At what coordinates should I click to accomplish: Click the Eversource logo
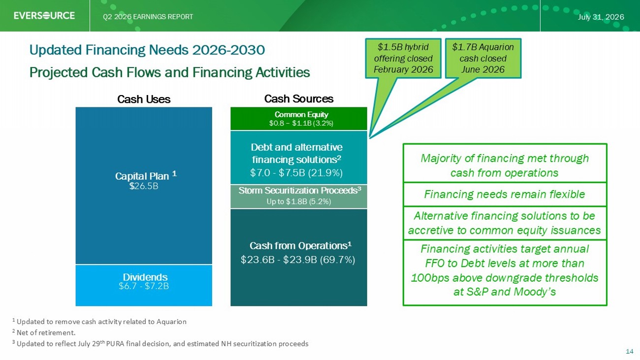(44, 15)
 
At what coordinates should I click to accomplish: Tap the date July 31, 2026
(601, 17)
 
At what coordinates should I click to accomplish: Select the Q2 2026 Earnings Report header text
(148, 17)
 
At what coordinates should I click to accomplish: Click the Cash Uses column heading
(144, 99)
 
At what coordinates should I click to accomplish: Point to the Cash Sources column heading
(298, 98)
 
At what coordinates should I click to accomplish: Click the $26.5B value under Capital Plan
(144, 186)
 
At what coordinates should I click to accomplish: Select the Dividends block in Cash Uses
(144, 286)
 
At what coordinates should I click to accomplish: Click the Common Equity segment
(298, 119)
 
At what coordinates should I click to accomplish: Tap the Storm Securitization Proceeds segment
(298, 196)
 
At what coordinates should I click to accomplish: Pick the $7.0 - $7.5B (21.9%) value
(296, 173)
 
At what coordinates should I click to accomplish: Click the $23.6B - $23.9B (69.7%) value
(298, 260)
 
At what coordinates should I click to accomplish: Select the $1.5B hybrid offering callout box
(403, 58)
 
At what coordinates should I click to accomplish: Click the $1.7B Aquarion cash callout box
(483, 58)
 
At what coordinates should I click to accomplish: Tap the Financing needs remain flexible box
(505, 195)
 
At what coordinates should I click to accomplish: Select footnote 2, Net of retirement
(44, 332)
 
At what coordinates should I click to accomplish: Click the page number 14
(630, 352)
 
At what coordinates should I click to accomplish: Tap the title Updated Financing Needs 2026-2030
(147, 50)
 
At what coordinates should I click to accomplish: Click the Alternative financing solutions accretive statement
(505, 223)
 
